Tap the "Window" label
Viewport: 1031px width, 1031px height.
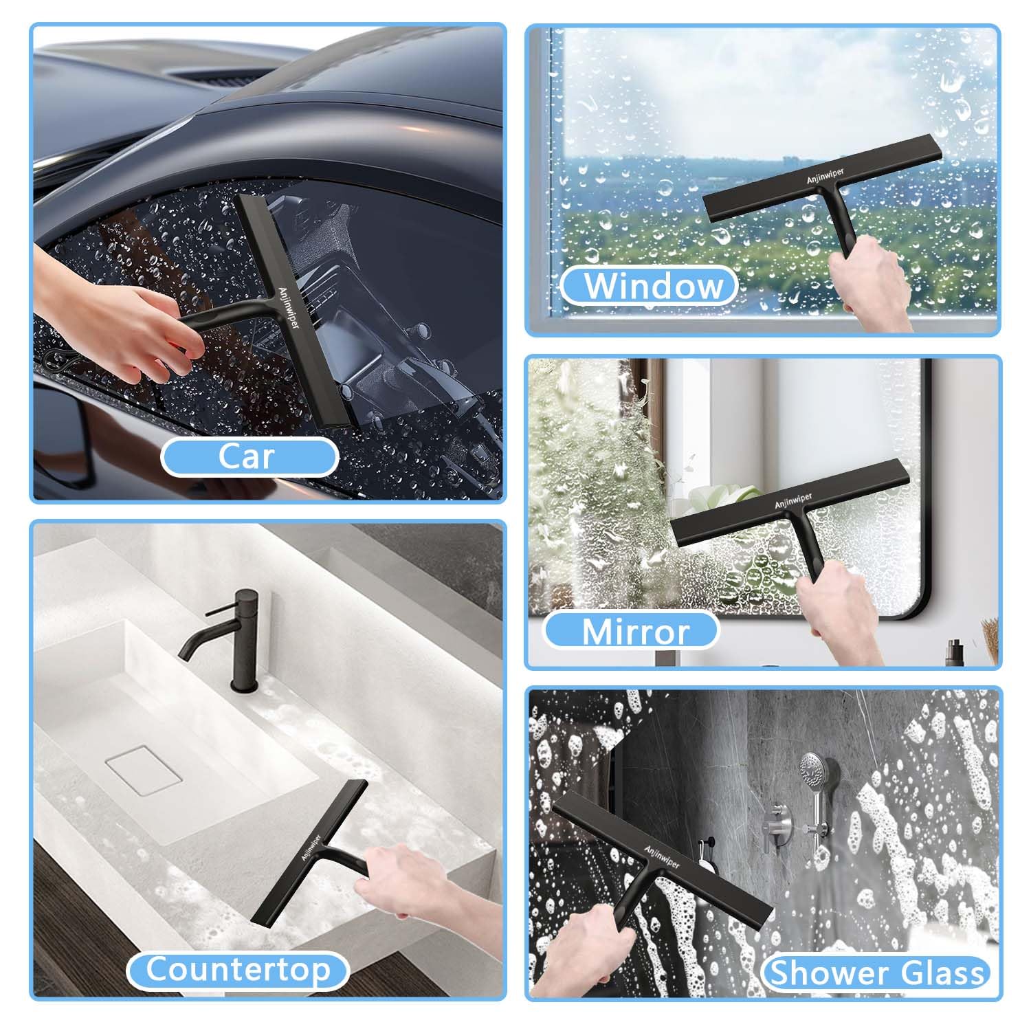tap(650, 286)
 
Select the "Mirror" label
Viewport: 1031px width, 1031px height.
tap(632, 631)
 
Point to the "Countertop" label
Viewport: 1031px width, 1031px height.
tap(238, 970)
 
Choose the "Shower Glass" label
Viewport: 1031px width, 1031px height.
tap(876, 974)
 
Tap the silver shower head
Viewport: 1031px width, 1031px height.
tap(813, 773)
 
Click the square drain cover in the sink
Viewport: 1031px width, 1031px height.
tap(144, 771)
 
